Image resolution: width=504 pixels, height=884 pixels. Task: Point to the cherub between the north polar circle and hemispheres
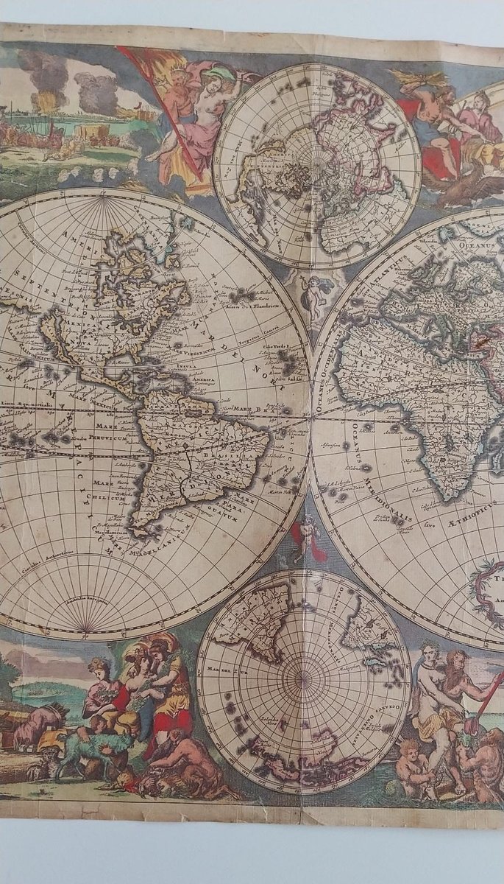[314, 291]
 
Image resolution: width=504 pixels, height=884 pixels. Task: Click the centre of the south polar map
[303, 675]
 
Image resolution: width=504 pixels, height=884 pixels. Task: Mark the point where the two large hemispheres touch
[310, 418]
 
